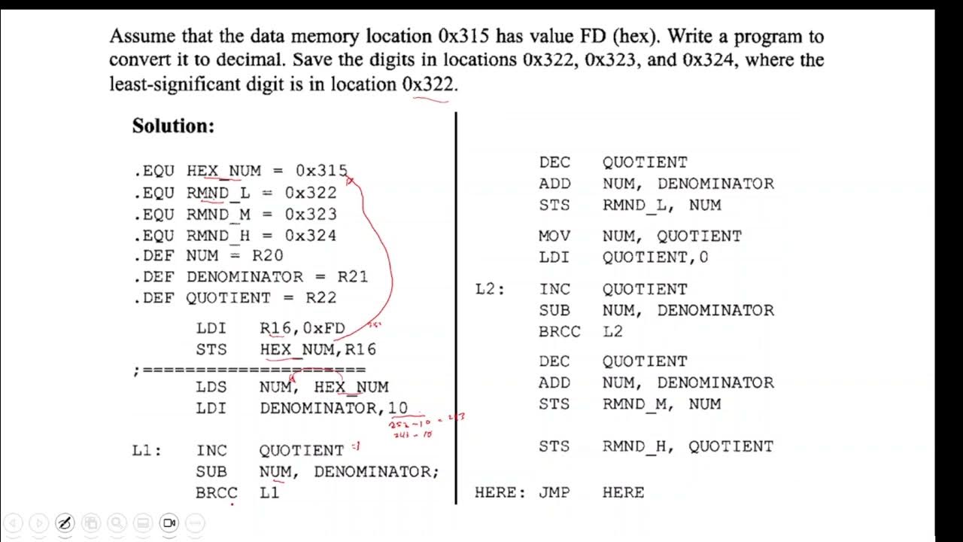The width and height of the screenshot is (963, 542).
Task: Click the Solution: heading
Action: click(173, 126)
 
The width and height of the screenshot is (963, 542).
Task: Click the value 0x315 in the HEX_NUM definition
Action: click(321, 171)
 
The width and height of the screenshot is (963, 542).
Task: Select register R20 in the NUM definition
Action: click(267, 256)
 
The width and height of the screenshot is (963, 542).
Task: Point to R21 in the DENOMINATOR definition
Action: click(352, 276)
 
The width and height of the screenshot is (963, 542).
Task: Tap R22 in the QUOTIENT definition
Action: click(320, 297)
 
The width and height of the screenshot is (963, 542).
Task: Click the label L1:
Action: click(147, 451)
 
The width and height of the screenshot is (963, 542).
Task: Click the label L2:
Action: click(491, 289)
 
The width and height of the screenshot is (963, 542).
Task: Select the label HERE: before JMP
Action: click(500, 493)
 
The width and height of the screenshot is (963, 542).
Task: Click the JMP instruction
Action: click(554, 493)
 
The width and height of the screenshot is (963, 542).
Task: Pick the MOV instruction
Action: click(554, 236)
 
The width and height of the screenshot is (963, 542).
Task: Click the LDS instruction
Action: click(211, 387)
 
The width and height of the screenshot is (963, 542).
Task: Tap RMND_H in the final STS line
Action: click(634, 446)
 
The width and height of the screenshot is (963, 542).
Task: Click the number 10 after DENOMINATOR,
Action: click(398, 408)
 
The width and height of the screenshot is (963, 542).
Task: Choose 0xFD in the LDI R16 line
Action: click(324, 328)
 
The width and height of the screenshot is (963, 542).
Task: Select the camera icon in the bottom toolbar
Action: click(169, 522)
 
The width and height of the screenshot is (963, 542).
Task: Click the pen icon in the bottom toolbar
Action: click(65, 522)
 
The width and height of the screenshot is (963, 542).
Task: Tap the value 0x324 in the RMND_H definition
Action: click(310, 235)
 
